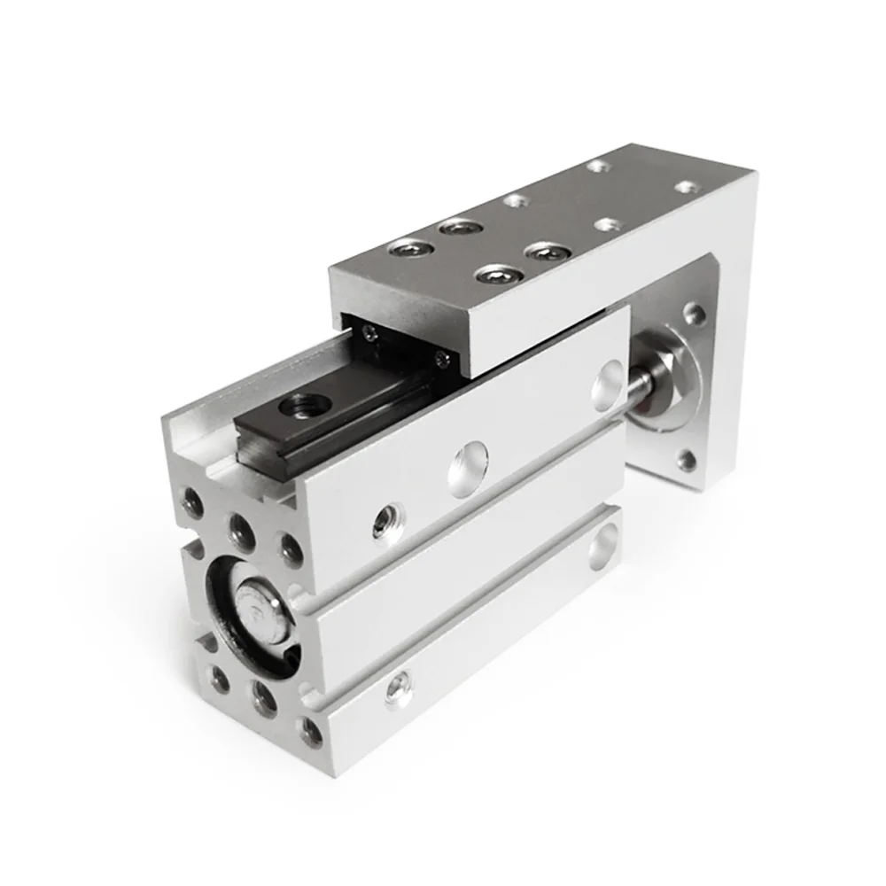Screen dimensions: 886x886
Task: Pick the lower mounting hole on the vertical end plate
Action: point(687,458)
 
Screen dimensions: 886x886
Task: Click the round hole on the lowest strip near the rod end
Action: point(605,545)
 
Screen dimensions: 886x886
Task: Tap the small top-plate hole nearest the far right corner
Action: point(685,187)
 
